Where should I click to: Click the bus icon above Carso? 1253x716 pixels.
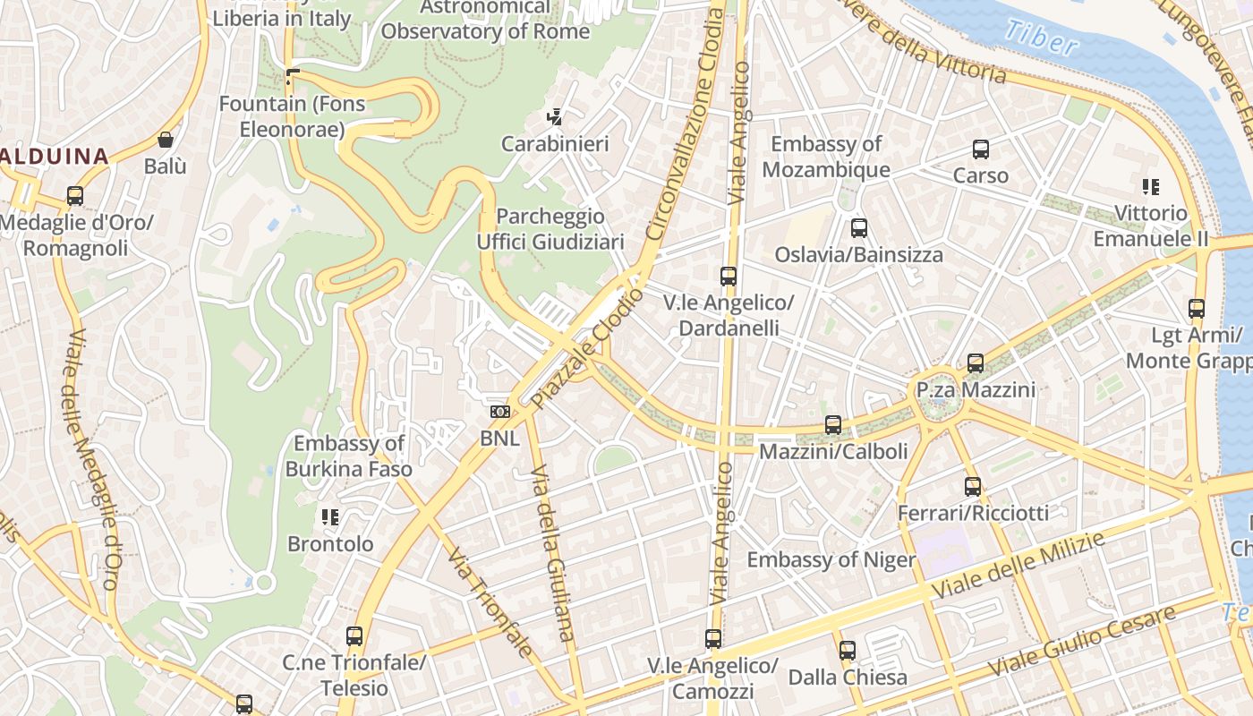[981, 149]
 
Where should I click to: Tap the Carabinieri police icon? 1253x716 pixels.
[555, 117]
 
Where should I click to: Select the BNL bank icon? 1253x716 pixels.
[499, 412]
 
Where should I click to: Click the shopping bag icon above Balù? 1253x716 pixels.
[166, 140]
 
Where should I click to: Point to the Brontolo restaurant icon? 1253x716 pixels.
[330, 517]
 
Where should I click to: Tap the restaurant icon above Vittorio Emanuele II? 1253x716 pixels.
[1151, 187]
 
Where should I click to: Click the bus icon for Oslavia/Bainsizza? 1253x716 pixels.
[859, 228]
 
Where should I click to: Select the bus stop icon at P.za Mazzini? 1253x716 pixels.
[976, 363]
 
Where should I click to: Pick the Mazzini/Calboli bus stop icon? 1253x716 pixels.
[833, 425]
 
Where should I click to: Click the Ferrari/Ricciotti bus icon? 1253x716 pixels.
[973, 487]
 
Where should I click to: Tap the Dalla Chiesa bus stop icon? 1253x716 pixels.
[848, 651]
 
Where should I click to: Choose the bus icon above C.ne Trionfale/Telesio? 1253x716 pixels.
[354, 636]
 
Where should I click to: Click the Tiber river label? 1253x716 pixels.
[1040, 37]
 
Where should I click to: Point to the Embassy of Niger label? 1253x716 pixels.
[831, 560]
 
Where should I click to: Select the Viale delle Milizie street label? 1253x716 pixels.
[1019, 564]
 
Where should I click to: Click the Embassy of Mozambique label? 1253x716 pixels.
[826, 157]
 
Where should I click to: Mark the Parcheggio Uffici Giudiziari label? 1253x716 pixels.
[550, 229]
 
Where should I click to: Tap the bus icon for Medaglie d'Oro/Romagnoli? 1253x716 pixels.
[75, 196]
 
